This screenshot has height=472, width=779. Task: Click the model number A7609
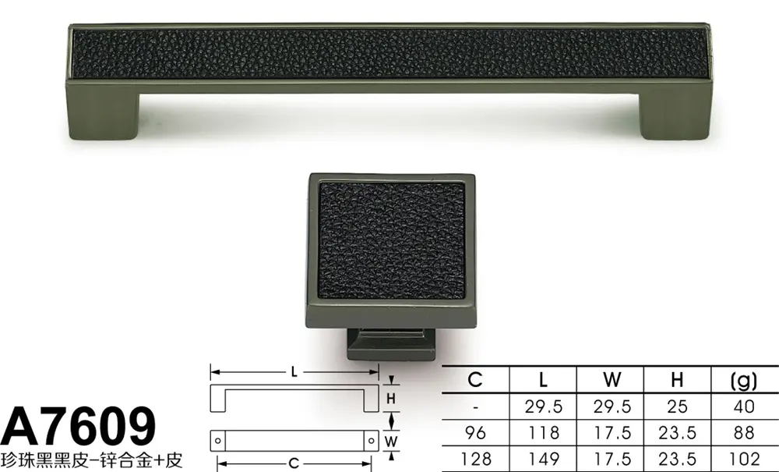point(78,427)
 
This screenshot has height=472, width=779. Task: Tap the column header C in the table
point(475,380)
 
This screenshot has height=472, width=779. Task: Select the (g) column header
point(744,381)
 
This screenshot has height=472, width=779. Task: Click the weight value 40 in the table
point(744,406)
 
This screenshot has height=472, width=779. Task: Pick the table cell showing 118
point(543,432)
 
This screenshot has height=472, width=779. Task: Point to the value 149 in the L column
point(543,458)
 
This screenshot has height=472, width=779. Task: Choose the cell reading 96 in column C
point(475,432)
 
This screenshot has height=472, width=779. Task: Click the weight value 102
point(744,458)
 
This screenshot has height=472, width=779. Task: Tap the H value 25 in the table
point(677,406)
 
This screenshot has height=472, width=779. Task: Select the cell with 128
point(475,458)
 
